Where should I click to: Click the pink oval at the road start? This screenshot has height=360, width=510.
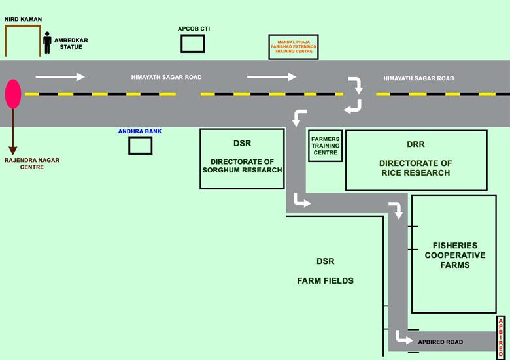(13, 94)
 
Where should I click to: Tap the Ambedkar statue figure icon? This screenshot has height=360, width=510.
(47, 42)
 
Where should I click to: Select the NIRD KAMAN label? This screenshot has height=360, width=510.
(23, 19)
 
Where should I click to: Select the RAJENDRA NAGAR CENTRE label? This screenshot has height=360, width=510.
(32, 163)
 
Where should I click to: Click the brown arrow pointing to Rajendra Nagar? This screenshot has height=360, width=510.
(13, 131)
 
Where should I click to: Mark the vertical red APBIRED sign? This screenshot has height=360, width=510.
(501, 337)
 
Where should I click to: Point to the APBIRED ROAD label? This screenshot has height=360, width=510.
(441, 342)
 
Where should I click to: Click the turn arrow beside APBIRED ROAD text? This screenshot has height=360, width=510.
(403, 338)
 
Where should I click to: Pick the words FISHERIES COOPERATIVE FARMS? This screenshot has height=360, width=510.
(454, 255)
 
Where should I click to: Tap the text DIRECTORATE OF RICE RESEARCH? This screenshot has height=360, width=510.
(416, 168)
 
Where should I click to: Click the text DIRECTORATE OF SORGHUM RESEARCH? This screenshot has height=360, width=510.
(242, 166)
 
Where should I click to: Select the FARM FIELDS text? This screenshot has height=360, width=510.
(325, 281)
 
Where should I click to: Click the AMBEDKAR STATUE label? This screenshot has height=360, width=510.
(71, 44)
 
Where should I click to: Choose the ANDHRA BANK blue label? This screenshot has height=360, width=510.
(140, 131)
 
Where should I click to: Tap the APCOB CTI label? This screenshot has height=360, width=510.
(194, 29)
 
